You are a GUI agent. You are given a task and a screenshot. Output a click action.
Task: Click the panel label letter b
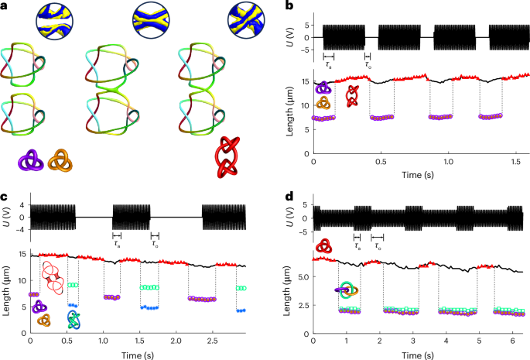tap(289, 6)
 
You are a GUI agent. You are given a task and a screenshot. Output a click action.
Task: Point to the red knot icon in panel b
tap(353, 95)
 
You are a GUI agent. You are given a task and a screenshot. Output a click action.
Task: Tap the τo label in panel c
tap(155, 244)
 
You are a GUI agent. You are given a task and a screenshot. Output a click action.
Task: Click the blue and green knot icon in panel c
tap(73, 319)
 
